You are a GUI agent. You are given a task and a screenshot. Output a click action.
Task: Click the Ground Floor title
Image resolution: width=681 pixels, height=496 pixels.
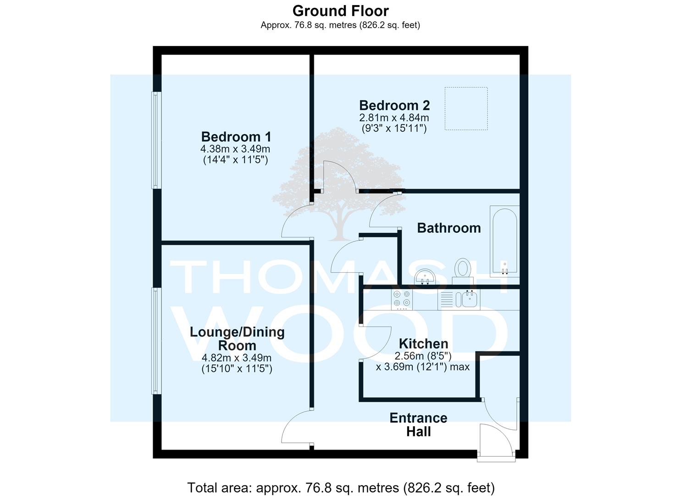(340, 11)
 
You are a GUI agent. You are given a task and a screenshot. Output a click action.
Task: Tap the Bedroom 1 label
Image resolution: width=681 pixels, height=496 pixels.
(236, 137)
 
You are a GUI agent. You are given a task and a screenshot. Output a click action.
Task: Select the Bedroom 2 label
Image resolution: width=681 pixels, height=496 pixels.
(394, 105)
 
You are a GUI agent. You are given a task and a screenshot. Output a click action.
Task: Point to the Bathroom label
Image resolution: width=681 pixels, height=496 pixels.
(449, 228)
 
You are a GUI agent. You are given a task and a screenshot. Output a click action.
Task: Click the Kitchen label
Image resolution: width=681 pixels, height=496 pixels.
(423, 344)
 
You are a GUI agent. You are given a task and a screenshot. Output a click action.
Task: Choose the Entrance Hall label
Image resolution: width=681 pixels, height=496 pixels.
(418, 425)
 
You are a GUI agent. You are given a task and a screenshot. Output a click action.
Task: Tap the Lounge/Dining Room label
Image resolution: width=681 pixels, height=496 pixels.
(237, 338)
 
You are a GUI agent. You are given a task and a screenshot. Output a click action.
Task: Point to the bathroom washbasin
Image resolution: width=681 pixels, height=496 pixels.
(426, 277)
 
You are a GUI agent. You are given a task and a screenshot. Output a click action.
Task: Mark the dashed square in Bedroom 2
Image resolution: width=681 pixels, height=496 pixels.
(466, 109)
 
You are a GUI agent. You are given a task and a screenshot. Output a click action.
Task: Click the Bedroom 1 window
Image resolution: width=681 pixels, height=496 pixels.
(156, 141)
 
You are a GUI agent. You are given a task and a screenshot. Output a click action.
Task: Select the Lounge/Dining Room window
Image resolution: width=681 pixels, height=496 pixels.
(156, 341)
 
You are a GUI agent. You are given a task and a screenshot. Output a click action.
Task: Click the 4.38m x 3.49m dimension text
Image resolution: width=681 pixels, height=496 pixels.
(235, 149)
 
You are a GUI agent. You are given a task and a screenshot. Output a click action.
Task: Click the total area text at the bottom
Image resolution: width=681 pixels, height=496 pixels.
(341, 487)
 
